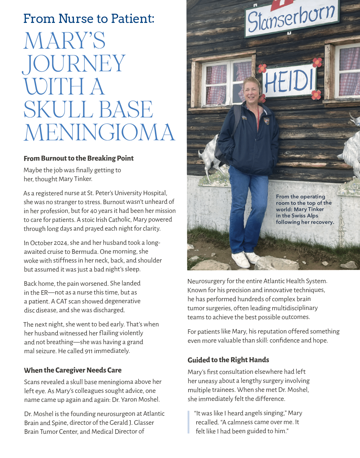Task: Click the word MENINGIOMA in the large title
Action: click(x=99, y=133)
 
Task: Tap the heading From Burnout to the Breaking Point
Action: click(x=78, y=158)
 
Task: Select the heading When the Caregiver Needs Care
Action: click(x=73, y=370)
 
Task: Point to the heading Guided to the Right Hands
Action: click(x=228, y=360)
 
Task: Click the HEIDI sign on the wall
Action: click(x=289, y=81)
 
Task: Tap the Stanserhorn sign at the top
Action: click(x=291, y=18)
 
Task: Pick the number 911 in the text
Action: click(x=88, y=351)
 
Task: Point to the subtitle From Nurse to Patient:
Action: click(x=89, y=19)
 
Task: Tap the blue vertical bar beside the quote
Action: click(x=189, y=422)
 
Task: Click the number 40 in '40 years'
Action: click(x=93, y=211)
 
